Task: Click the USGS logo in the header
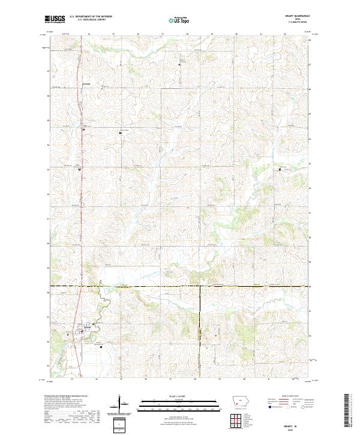pos(55,19)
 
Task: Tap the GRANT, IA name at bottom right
pos(291,424)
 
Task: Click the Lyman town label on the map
pos(86,84)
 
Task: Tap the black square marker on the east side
pos(280,170)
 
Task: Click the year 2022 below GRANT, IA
pos(291,428)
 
